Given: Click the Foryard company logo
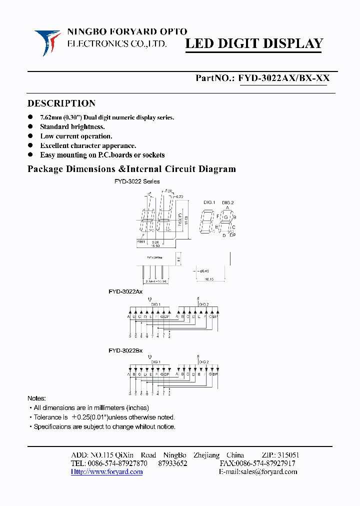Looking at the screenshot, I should coord(47,42).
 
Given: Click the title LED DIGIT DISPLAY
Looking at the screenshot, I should coord(254,44).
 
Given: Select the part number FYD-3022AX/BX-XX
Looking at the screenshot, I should coord(284,78).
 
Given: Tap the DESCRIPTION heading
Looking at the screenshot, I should coord(61,103).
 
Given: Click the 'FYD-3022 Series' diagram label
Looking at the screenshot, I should coord(137,181).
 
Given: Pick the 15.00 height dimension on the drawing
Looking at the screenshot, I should coord(186,218).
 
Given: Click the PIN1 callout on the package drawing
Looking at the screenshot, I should coord(142,241).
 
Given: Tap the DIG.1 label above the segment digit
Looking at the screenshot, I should coord(209,202).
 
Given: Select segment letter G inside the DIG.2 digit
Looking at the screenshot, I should coord(226,217).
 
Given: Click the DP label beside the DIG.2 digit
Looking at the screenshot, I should coord(232,235).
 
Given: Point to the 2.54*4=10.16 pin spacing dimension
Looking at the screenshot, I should coord(153,281).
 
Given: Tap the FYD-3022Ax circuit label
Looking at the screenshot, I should coord(125,291).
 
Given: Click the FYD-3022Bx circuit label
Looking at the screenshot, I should coord(125,350).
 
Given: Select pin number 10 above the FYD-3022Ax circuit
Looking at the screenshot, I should coord(149,299).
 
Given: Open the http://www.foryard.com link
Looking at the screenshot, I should coord(106,471).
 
